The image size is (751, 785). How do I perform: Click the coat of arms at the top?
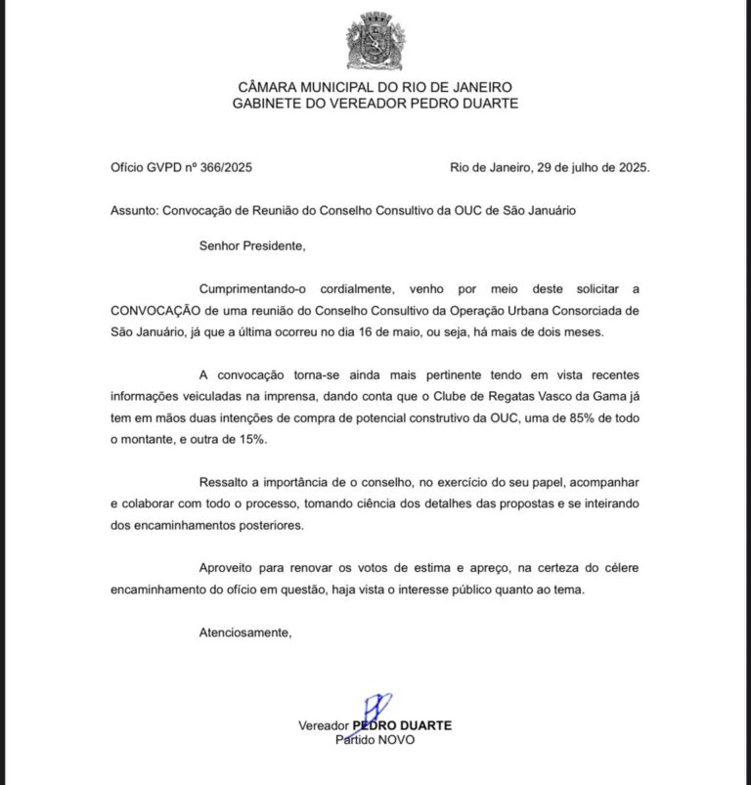375,41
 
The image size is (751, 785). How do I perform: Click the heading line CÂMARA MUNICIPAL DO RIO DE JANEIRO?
375,87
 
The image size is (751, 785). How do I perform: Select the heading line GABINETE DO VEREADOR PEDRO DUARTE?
375,103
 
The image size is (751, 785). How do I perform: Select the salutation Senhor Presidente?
252,245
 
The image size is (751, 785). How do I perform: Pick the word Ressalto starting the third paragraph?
224,482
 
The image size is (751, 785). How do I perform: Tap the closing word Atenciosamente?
244,632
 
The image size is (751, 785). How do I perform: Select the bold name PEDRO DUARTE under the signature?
401,725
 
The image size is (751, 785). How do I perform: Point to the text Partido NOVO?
375,740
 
